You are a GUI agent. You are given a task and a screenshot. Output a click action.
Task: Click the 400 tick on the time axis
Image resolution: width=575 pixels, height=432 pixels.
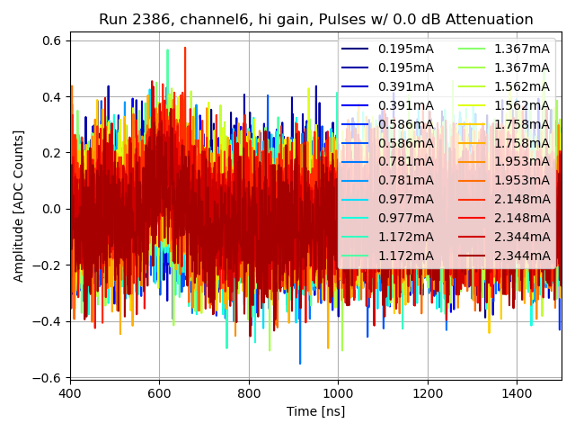[x=70, y=393]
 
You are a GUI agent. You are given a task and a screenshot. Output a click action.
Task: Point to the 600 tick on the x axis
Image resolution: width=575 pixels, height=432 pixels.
[x=159, y=393]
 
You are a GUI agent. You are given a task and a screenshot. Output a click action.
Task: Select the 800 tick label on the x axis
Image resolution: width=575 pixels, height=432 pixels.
[x=249, y=393]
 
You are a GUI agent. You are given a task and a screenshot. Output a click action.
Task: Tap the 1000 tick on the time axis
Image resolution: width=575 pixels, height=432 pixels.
[x=338, y=393]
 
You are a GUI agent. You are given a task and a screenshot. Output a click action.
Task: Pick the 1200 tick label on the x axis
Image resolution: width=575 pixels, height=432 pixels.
[x=428, y=393]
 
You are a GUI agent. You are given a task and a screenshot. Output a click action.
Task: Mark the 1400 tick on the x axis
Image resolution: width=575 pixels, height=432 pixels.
[x=517, y=393]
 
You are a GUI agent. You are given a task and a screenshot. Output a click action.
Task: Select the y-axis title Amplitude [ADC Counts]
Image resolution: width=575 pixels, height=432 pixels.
[x=19, y=206]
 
